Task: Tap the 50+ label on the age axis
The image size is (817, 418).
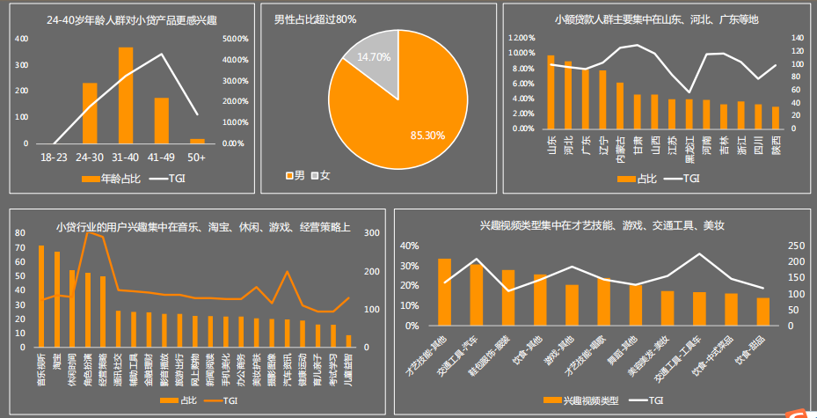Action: tap(197, 158)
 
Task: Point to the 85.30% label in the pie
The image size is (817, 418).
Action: tap(427, 136)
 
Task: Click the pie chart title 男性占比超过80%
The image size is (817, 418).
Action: tap(315, 19)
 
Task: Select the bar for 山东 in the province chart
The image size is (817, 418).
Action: tap(551, 92)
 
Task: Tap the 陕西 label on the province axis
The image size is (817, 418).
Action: tap(775, 144)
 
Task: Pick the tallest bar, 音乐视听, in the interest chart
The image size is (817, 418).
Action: tap(41, 296)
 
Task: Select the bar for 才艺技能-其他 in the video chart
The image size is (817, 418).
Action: tap(444, 291)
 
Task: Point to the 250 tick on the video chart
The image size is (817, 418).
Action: tap(795, 246)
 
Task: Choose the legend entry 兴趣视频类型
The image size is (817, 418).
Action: tap(580, 400)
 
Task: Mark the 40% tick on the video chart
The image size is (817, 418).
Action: tap(411, 246)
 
